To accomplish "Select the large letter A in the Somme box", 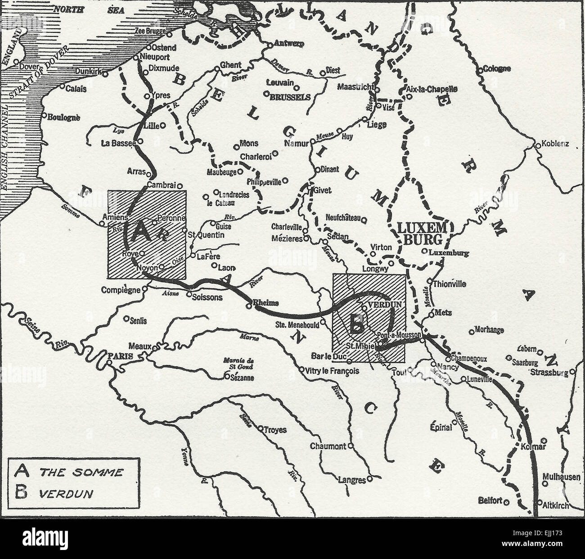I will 140,233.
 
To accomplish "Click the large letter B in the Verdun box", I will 356,324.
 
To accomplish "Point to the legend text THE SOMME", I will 81,472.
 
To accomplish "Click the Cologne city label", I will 497,69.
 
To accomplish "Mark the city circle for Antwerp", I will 270,45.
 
